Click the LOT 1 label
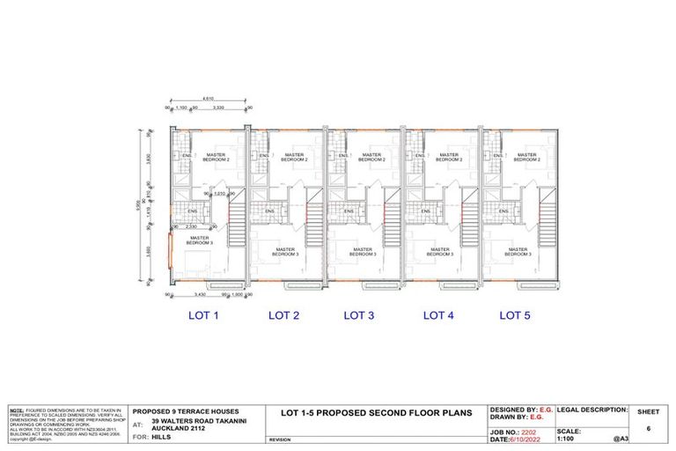pos(202,314)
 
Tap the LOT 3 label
pos(359,314)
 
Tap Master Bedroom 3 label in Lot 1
pos(200,240)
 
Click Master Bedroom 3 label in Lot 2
pos(287,252)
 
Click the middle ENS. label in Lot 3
pos(349,211)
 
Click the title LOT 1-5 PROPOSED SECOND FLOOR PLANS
pos(376,412)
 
